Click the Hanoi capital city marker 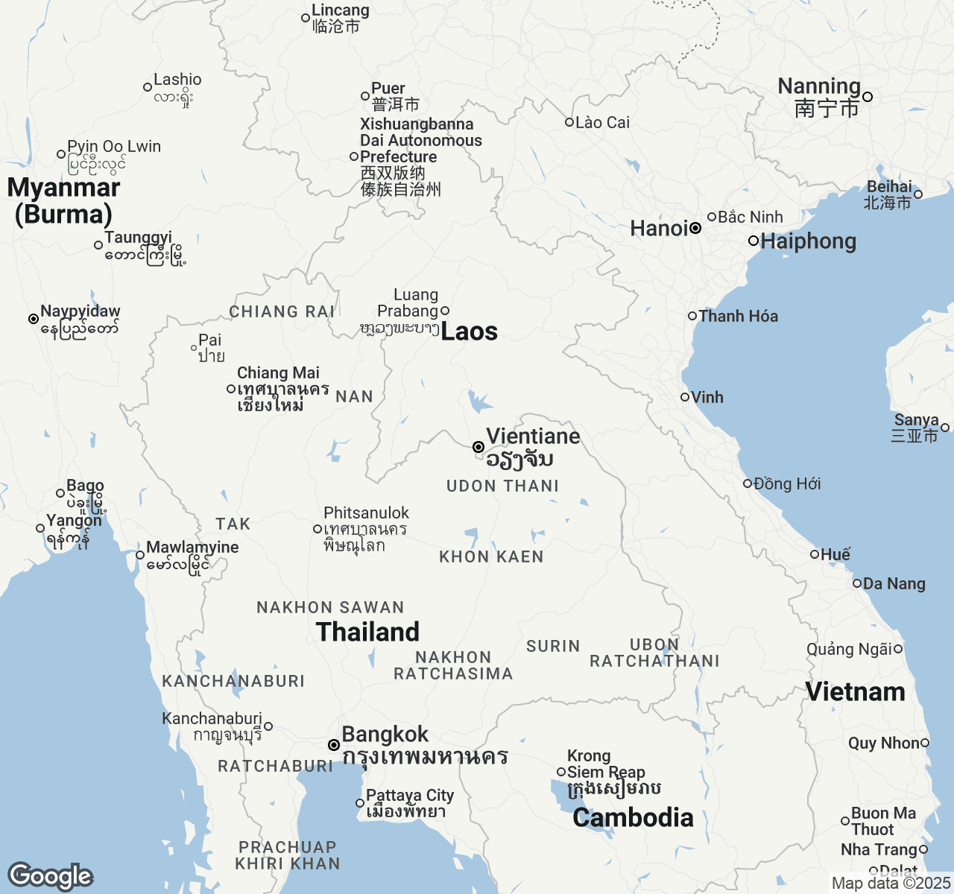point(695,228)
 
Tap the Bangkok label point(385,735)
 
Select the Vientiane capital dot point(478,447)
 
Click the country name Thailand point(367,632)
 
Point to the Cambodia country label point(633,817)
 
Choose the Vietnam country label point(855,691)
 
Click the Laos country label point(469,332)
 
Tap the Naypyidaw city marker point(34,319)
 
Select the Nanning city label point(819,86)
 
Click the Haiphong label point(808,241)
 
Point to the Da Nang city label point(894,584)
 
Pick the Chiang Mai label point(278,372)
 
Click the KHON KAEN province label point(491,557)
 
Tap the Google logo point(50,876)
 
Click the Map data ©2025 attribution point(891,884)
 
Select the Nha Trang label point(879,849)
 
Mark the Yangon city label point(74,521)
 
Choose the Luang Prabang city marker point(445,311)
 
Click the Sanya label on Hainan point(916,420)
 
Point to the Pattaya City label point(410,796)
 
